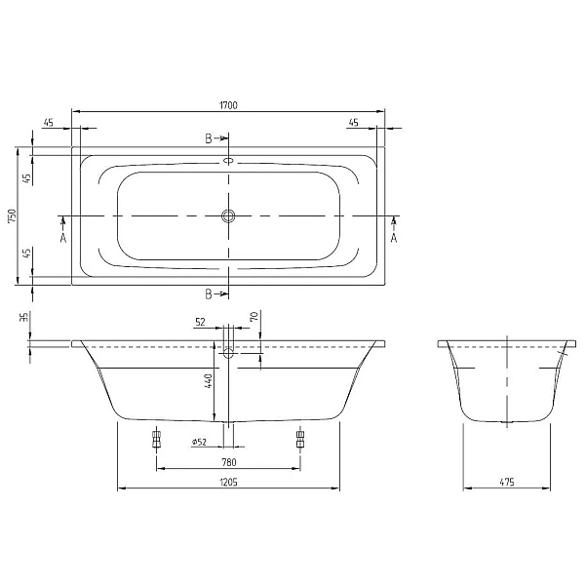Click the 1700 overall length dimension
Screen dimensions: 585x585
tap(229, 103)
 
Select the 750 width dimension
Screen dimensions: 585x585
tap(11, 215)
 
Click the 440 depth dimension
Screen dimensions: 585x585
tap(208, 381)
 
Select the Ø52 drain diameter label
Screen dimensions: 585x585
tap(198, 442)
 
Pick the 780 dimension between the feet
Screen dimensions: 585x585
tap(229, 462)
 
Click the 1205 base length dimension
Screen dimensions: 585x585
tap(229, 482)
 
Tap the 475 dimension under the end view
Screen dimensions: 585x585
tap(508, 482)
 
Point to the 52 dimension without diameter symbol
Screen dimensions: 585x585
tap(200, 320)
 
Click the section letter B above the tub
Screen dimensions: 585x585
tap(209, 139)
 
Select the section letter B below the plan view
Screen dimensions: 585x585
tap(209, 293)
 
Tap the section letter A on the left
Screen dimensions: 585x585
tap(63, 236)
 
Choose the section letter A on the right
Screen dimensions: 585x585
tap(394, 236)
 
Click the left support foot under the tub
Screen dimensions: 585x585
tap(155, 439)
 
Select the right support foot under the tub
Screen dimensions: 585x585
tap(299, 439)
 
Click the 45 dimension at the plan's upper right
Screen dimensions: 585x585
tap(353, 123)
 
